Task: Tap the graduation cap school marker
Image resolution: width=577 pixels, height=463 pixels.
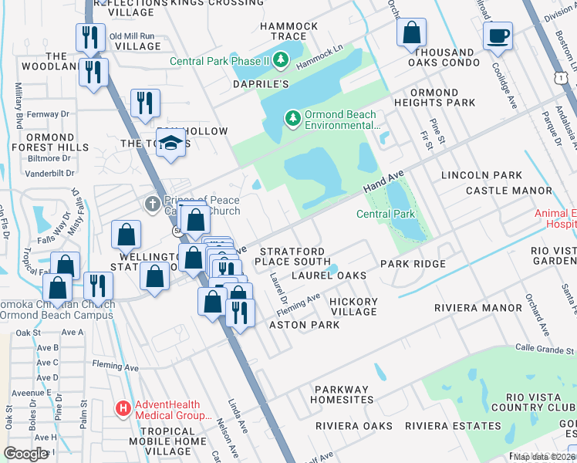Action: point(169,143)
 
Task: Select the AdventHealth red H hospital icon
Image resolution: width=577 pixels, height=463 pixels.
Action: point(122,407)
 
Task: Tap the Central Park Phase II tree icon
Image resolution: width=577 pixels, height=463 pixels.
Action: point(281,59)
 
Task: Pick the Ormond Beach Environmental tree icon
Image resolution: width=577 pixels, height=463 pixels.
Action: point(292,118)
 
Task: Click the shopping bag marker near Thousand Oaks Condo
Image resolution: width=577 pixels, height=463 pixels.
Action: point(412,33)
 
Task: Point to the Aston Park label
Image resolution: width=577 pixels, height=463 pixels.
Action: point(304,325)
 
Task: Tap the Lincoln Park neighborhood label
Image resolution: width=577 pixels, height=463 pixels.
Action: point(481,176)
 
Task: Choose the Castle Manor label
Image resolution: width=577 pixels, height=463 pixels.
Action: point(508,191)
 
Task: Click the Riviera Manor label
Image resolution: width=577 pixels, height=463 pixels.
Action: point(467,307)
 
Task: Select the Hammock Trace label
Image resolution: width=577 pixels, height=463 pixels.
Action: point(288,32)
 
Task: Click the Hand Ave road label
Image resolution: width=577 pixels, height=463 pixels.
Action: point(384,184)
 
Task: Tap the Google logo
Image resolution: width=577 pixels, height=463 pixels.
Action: point(26,454)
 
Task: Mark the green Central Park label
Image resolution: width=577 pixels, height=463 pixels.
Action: point(386,214)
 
